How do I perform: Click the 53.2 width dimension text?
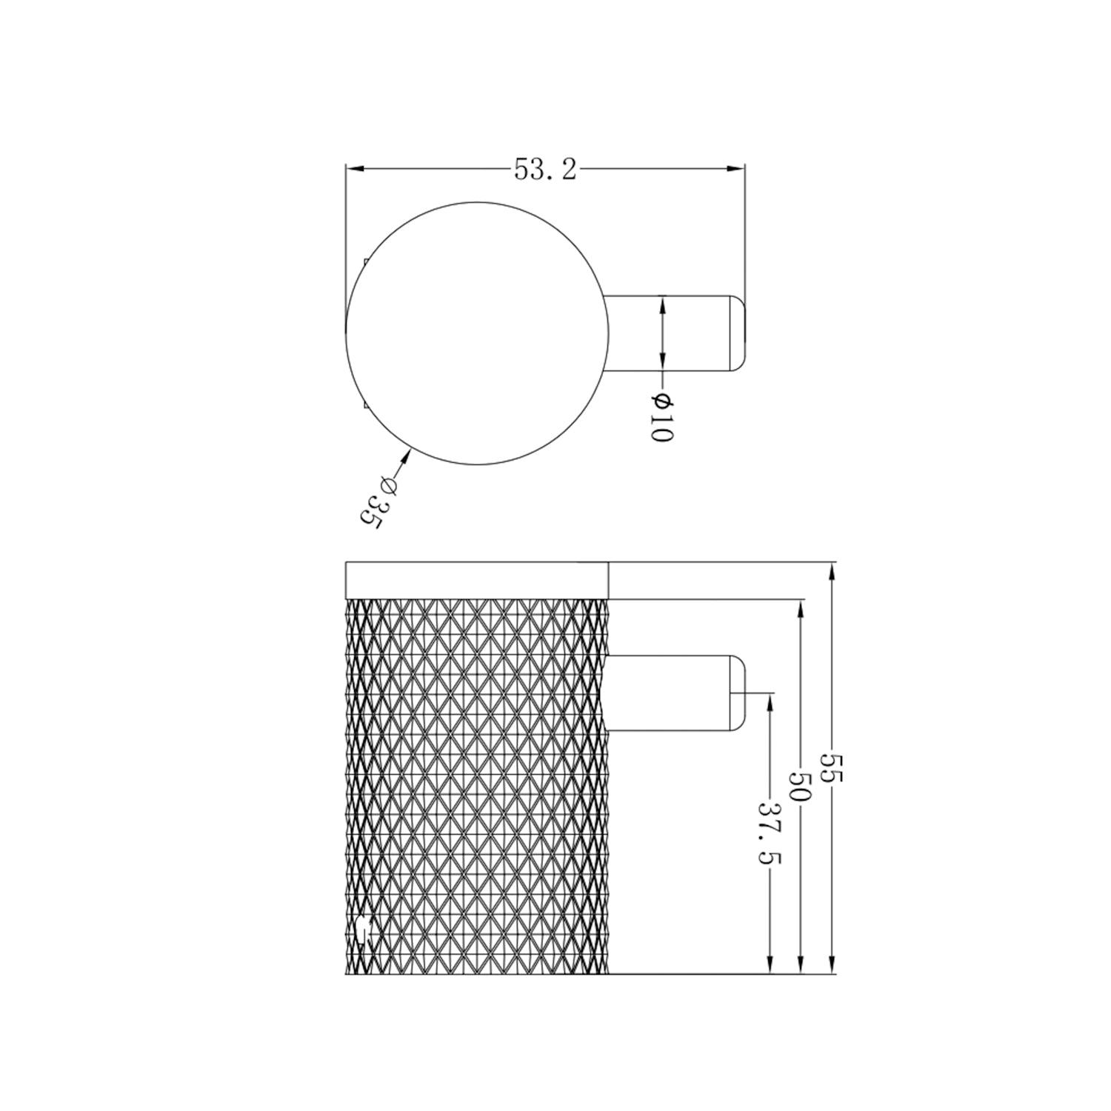(545, 170)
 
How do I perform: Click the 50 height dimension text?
(801, 788)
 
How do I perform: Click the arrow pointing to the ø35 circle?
(404, 456)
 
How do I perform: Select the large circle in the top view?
(478, 333)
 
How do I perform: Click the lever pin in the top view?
(667, 333)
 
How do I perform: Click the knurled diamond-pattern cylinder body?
(477, 785)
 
